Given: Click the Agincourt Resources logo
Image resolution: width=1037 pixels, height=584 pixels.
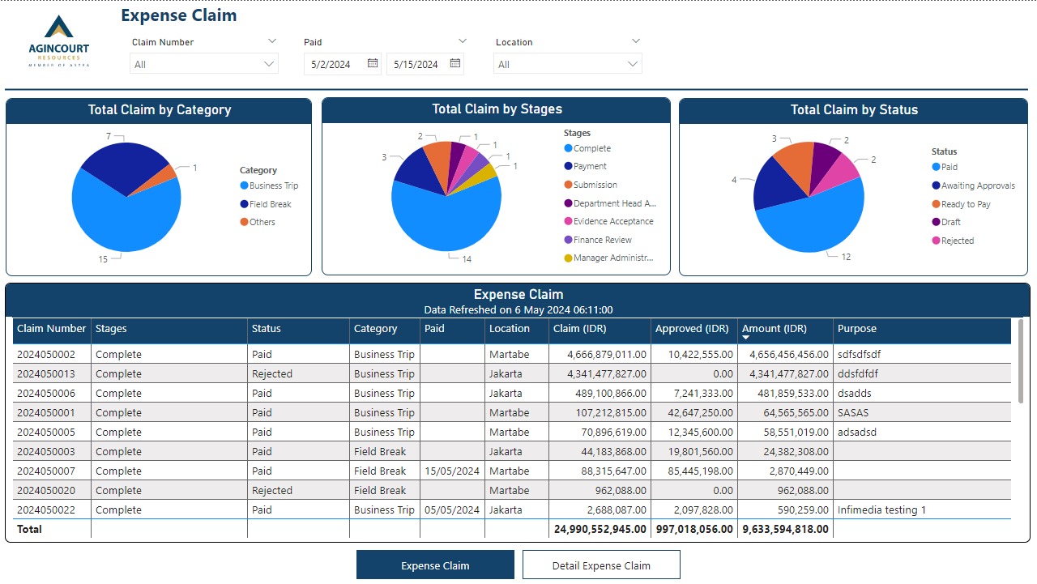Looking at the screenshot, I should (x=59, y=40).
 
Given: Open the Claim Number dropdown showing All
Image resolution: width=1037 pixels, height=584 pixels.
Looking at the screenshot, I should (x=203, y=64).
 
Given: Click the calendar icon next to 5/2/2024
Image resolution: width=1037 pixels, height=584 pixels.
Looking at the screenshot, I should (x=373, y=63).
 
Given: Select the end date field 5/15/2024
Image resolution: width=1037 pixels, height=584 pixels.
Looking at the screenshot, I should (x=416, y=64).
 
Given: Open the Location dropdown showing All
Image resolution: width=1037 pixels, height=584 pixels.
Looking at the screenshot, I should (x=567, y=64).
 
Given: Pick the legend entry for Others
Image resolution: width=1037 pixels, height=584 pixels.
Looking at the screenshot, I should (x=262, y=222).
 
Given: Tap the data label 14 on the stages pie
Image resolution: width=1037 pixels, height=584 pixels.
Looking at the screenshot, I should (x=467, y=259).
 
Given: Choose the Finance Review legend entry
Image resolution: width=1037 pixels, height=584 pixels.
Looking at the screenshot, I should (x=602, y=240).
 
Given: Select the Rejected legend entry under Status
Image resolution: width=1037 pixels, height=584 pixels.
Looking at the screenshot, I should (x=957, y=241).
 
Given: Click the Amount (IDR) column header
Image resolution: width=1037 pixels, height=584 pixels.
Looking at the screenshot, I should (x=774, y=329).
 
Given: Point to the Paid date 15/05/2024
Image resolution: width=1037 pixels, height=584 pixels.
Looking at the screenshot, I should (x=451, y=471).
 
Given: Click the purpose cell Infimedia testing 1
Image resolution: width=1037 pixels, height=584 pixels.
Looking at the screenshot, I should (x=881, y=510).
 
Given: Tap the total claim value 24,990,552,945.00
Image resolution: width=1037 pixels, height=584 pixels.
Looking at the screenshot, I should (x=600, y=530).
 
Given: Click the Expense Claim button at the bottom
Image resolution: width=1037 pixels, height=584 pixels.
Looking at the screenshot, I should (x=435, y=565).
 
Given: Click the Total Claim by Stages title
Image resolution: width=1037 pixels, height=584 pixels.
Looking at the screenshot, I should (x=497, y=109).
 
